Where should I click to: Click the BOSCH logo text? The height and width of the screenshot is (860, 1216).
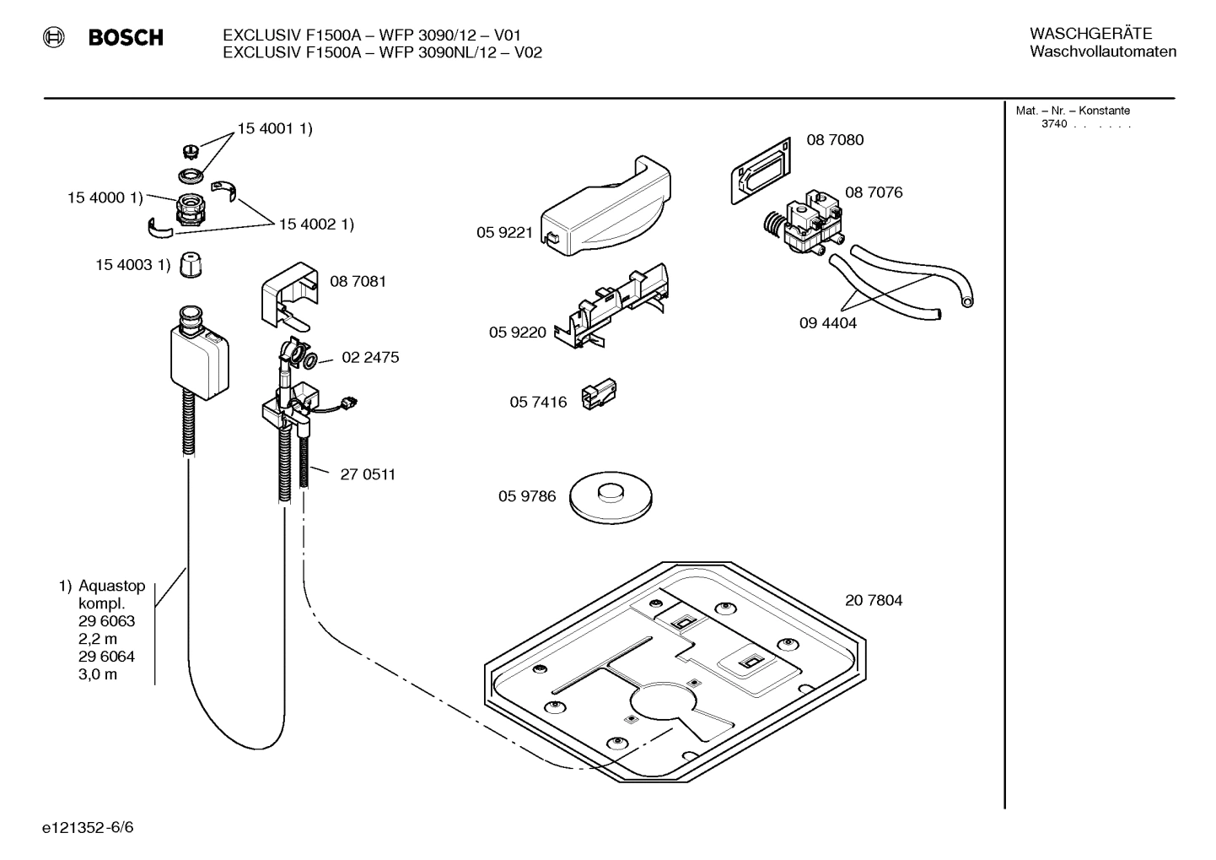point(126,38)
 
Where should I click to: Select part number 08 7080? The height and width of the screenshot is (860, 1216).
point(835,140)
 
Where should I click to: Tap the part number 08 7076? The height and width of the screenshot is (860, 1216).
point(874,192)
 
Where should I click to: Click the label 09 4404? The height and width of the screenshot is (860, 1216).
point(828,323)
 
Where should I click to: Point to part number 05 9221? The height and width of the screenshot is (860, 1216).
point(504,233)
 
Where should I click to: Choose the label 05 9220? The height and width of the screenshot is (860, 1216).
point(518,333)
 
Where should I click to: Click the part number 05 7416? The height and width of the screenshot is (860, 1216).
point(538,402)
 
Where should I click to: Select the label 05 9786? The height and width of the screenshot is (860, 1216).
point(527,496)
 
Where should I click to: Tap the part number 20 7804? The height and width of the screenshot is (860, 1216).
point(874,601)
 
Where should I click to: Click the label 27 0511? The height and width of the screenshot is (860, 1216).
point(368,474)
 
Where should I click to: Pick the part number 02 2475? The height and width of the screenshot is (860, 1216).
point(370,358)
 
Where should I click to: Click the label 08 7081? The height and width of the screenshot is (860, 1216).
point(358,282)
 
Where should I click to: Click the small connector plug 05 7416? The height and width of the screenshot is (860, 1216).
point(598,395)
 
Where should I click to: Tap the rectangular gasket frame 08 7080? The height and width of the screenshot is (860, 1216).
point(760,172)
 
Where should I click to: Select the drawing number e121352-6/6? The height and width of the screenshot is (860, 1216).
point(88,827)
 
